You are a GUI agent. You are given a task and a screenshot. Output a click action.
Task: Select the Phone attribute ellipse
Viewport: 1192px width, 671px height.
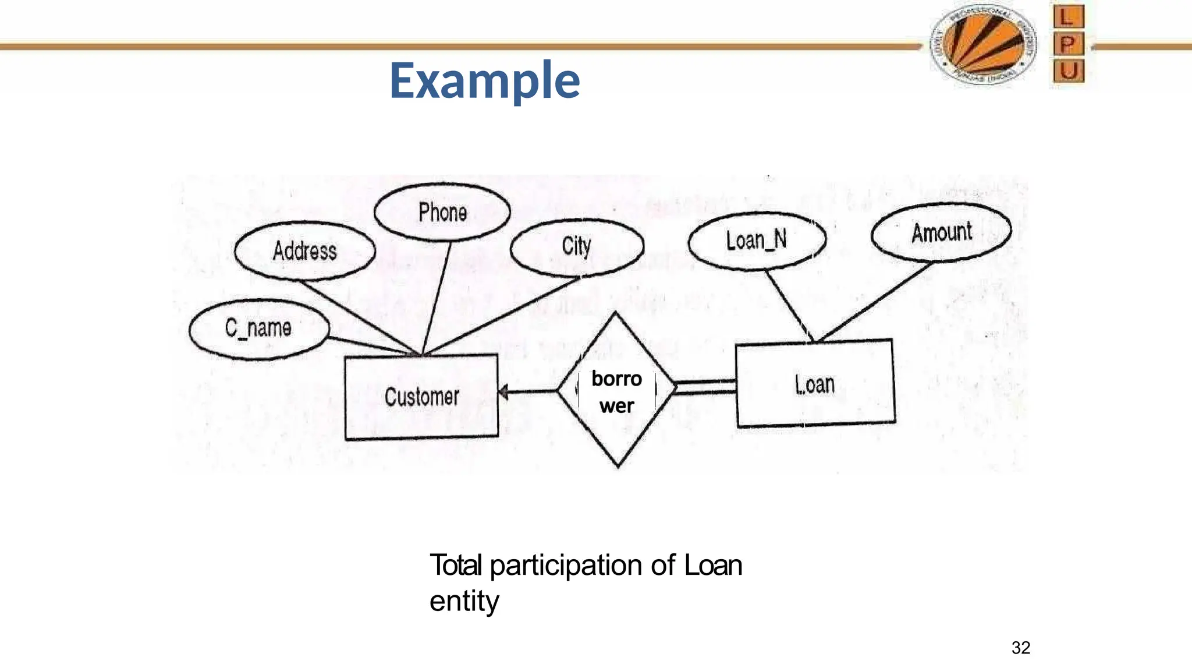pos(442,213)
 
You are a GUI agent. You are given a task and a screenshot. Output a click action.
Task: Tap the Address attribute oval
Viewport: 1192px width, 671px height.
pos(304,251)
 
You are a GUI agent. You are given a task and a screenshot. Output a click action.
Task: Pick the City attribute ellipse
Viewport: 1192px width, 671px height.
pos(577,246)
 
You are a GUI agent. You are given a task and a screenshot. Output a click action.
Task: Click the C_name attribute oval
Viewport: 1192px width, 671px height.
pos(258,329)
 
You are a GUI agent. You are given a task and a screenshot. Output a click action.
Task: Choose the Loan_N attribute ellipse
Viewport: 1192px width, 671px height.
pos(756,241)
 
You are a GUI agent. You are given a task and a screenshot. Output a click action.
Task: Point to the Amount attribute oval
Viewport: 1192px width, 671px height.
pos(941,232)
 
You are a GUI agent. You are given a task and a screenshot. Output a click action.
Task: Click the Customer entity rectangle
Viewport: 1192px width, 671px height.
pos(421,397)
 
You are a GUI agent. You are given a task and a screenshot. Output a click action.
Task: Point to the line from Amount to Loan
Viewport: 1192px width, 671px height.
pos(873,302)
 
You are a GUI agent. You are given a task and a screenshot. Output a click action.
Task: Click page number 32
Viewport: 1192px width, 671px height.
pos(1021,648)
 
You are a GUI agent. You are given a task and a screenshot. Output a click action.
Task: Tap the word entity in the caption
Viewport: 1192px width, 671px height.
pos(464,601)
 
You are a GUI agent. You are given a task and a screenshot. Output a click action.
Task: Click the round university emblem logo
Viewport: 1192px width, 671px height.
pos(983,45)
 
